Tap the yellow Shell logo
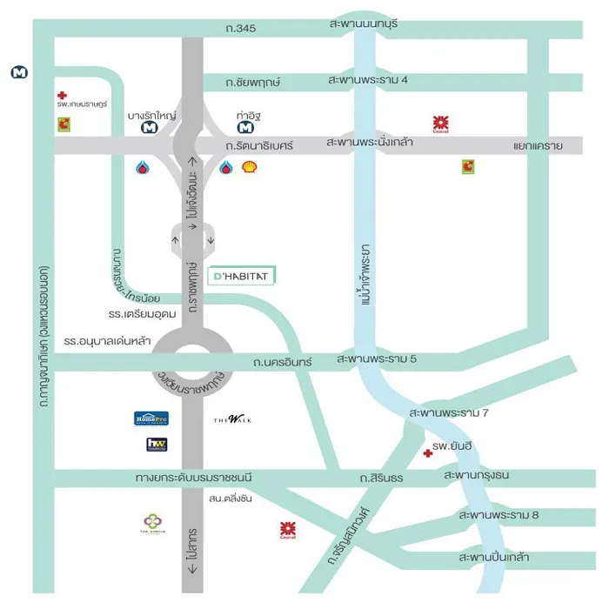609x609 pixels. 249,167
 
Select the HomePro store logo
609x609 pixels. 151,418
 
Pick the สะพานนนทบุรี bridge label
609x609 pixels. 364,23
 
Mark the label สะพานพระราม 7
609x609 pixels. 449,412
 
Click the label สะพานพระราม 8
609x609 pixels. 499,516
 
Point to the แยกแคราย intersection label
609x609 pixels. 539,146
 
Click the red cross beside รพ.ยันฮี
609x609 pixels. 427,453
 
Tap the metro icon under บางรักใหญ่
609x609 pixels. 150,128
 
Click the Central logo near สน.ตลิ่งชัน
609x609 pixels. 286,529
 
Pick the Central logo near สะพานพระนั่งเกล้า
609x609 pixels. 441,124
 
